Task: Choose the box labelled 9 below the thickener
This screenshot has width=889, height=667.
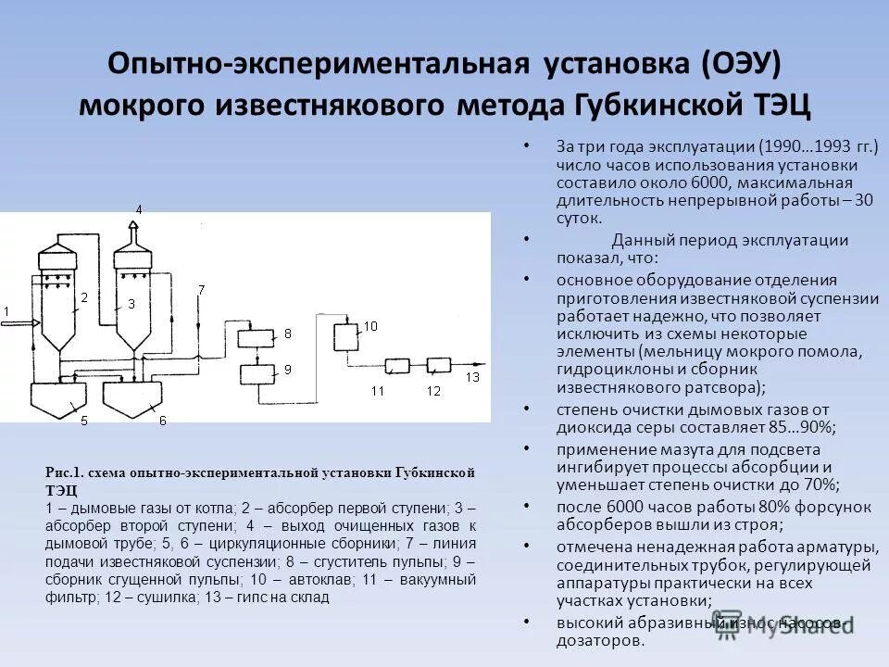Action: tap(259, 373)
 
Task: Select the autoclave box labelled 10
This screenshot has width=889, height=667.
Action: tap(346, 335)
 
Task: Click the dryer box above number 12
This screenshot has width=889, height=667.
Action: tap(442, 365)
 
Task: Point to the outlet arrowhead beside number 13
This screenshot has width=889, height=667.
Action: tap(482, 365)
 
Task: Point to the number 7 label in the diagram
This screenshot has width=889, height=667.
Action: tap(201, 290)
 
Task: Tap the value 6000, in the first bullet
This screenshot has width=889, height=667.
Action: tap(709, 182)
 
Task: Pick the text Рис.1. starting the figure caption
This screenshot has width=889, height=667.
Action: tap(63, 472)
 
